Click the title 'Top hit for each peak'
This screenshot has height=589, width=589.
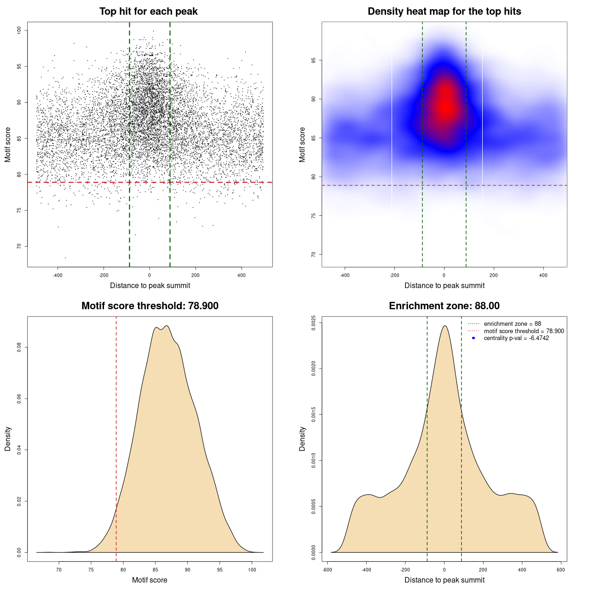149,12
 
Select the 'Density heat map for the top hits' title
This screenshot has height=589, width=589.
444,12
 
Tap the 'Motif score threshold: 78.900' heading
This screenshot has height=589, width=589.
150,306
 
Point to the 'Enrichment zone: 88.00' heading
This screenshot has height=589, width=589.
444,306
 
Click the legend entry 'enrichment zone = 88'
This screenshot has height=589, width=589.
512,324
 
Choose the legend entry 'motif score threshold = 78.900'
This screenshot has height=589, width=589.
524,331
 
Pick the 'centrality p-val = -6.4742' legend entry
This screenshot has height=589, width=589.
516,338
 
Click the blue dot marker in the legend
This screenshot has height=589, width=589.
474,338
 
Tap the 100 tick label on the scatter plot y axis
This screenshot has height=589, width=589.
19,30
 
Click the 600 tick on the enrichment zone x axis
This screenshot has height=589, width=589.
560,570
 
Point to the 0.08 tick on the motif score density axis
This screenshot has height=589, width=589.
19,347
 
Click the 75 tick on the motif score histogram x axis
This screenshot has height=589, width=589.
91,570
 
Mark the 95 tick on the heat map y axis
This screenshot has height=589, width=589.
313,60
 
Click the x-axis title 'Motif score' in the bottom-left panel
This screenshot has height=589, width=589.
150,580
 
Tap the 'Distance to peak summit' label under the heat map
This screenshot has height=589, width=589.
444,286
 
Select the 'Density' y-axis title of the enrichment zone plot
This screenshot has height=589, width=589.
302,439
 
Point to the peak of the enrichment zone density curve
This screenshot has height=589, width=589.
445,326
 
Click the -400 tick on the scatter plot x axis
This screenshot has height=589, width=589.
58,276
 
